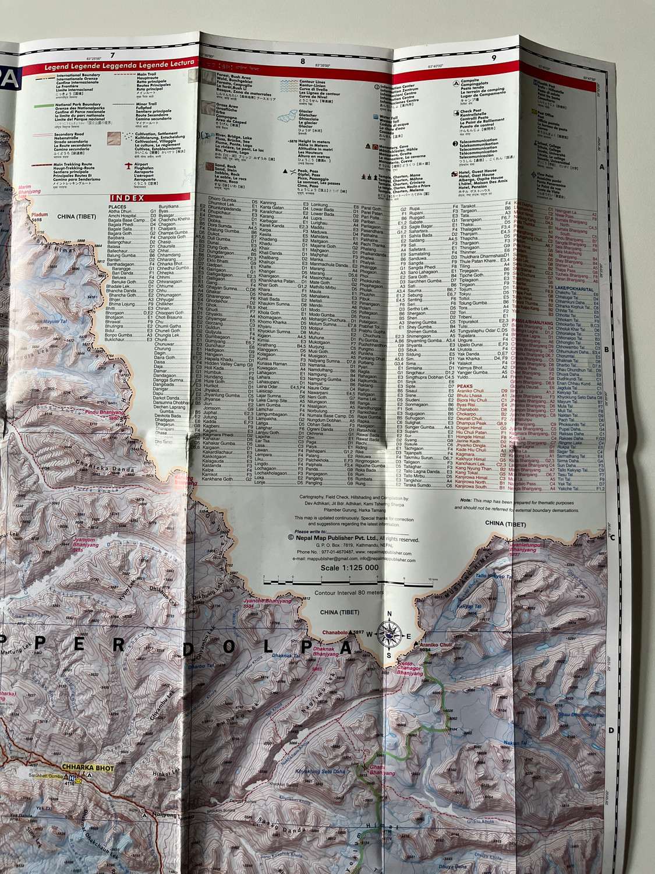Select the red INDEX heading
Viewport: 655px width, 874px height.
point(128,198)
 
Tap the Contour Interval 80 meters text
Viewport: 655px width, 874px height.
point(349,593)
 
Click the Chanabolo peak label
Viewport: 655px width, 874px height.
point(335,632)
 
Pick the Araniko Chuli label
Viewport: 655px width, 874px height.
point(436,646)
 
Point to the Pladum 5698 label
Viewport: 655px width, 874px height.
point(38,217)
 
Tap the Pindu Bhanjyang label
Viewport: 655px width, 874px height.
point(105,413)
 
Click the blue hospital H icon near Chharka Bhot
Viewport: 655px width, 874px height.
point(72,778)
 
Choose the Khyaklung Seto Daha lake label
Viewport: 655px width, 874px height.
point(320,771)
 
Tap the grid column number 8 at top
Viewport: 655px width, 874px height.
point(302,61)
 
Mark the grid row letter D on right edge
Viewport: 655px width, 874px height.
point(611,730)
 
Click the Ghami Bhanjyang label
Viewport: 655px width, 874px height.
point(381,770)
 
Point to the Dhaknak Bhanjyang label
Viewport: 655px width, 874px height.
point(325,651)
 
